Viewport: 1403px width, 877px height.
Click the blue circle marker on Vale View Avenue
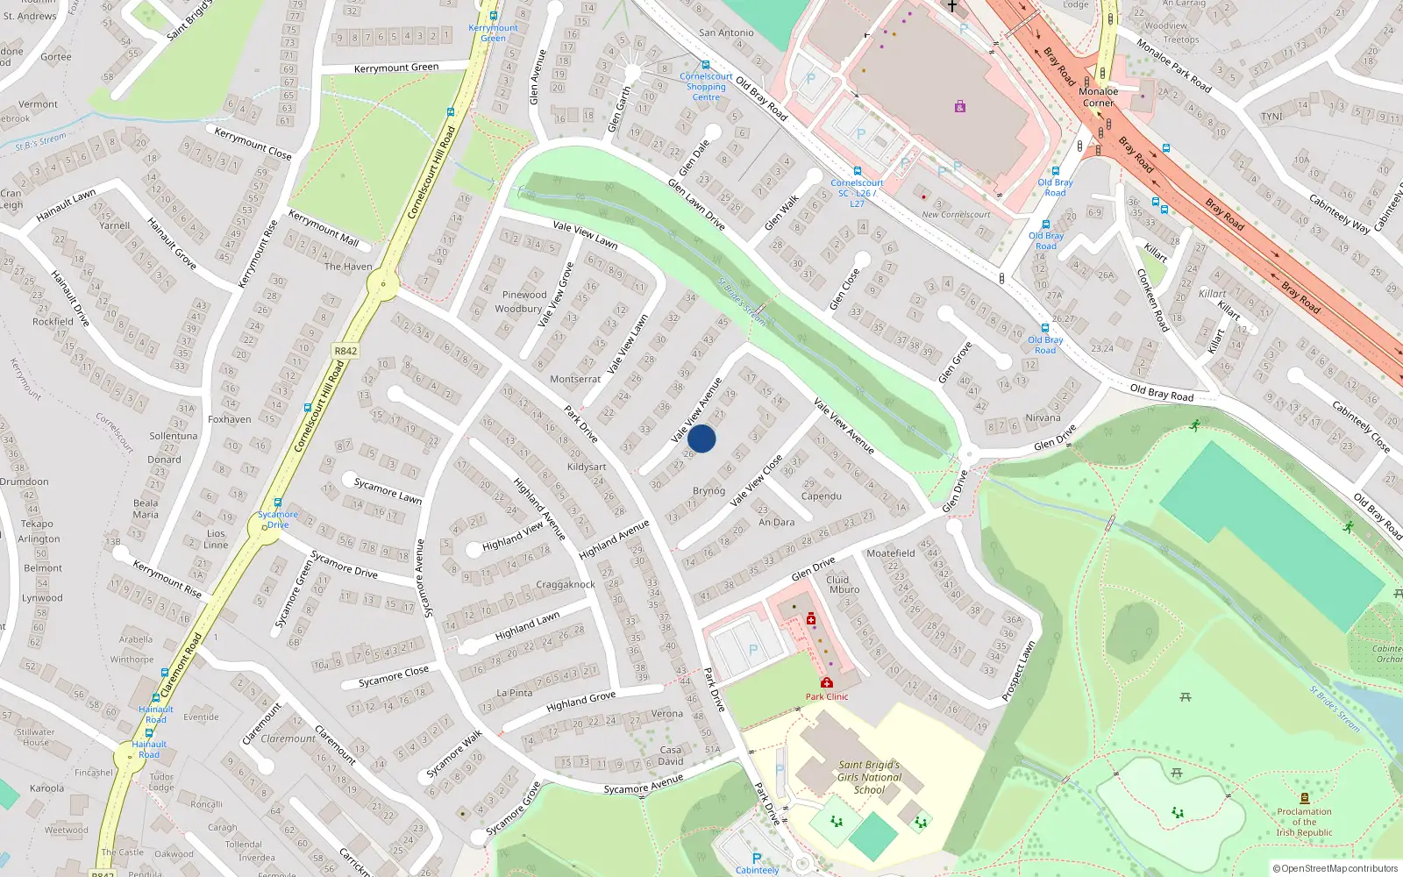click(x=701, y=438)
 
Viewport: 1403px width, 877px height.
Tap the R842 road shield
click(x=345, y=351)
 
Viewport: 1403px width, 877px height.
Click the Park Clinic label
click(x=827, y=696)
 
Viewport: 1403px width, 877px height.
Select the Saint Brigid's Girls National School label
click(x=868, y=777)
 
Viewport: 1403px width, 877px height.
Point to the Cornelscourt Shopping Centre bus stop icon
click(x=705, y=65)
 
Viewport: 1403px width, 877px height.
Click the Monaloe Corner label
click(x=1098, y=96)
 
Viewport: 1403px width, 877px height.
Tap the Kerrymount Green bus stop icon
click(x=494, y=16)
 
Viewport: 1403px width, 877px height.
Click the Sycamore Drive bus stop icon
click(x=278, y=503)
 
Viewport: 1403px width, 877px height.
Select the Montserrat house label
click(x=575, y=379)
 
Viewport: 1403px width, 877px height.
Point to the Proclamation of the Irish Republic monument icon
click(x=1304, y=798)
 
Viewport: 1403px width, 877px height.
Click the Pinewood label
click(x=524, y=295)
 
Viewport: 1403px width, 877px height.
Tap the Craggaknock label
click(x=566, y=584)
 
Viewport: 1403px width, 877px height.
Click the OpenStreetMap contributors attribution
click(x=1335, y=868)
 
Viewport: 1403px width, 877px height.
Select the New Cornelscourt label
click(x=956, y=214)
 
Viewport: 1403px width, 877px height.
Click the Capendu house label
click(x=821, y=496)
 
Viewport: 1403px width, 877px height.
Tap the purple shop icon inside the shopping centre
click(x=960, y=106)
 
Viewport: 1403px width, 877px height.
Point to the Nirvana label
click(x=1043, y=417)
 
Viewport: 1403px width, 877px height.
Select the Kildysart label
click(x=587, y=467)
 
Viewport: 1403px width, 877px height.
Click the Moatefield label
click(x=890, y=553)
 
